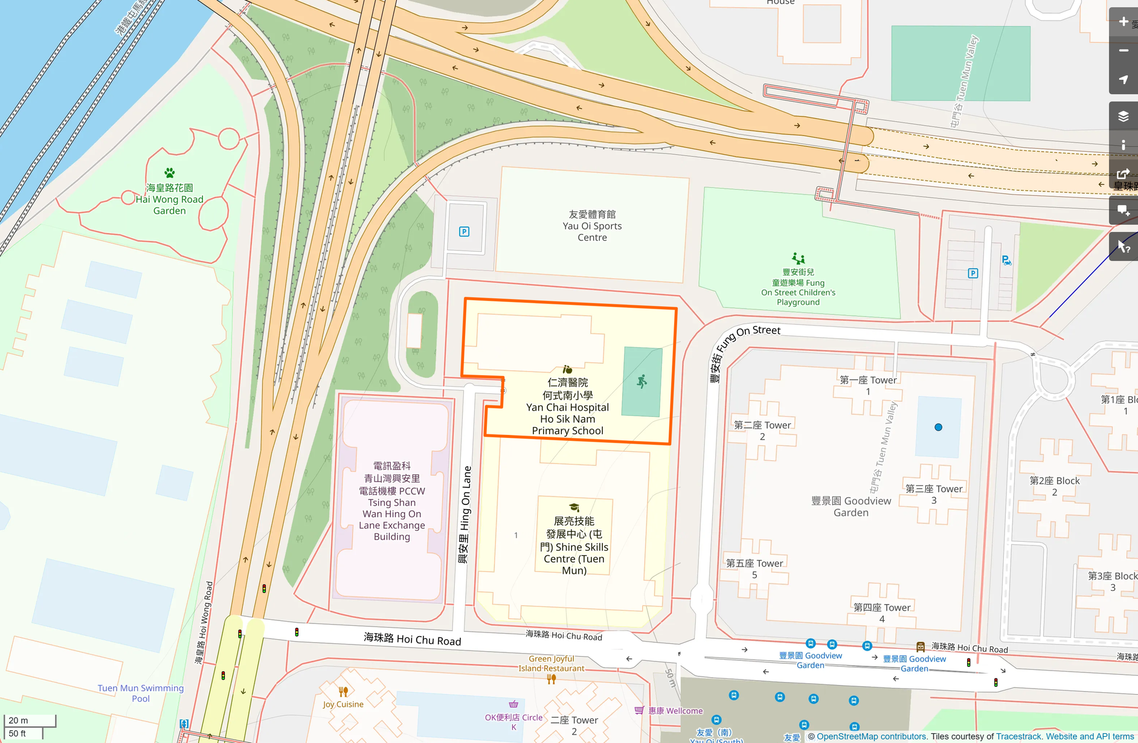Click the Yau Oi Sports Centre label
tap(592, 226)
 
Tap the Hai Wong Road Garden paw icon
tap(170, 173)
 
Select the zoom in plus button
tap(1123, 22)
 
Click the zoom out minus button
tap(1123, 51)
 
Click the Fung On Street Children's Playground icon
tap(798, 259)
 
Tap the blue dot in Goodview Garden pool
tap(938, 427)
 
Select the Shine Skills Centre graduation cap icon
tap(574, 507)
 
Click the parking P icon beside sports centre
tap(464, 231)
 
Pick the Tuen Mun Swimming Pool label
tap(141, 693)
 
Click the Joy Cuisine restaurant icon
tap(343, 692)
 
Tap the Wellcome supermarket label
tap(675, 711)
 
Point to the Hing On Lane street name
tap(464, 515)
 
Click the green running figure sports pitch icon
tap(642, 381)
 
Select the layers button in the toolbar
tap(1123, 116)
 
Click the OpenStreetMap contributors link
tap(872, 736)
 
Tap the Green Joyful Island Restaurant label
tap(551, 663)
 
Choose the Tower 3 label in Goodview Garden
tap(933, 494)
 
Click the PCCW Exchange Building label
tap(392, 501)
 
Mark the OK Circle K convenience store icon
tap(513, 704)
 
